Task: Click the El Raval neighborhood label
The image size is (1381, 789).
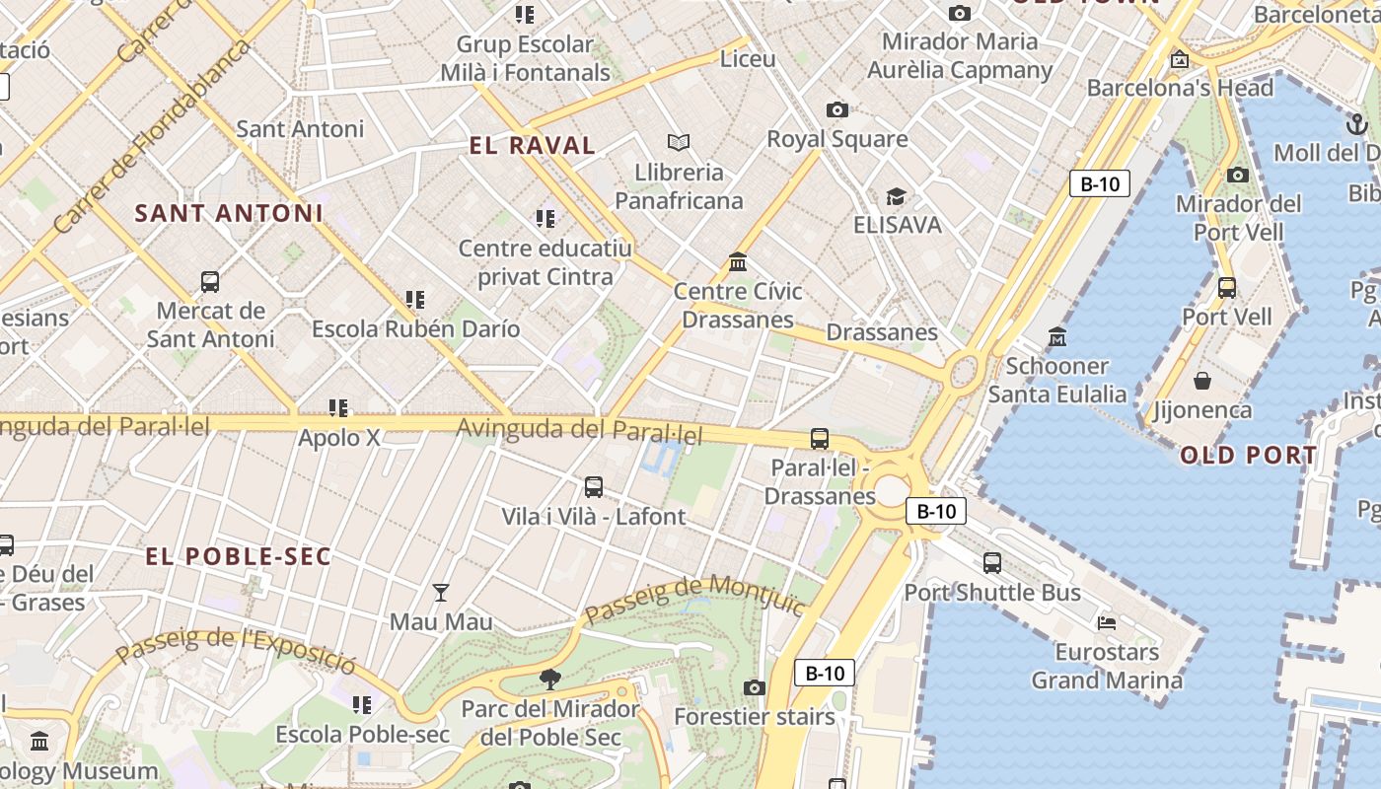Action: coord(532,146)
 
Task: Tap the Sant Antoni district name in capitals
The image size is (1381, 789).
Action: coord(229,213)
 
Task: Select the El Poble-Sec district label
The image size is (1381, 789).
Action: coord(238,556)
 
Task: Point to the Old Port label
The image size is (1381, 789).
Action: coord(1248,455)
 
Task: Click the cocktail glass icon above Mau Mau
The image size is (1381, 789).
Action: coord(441,593)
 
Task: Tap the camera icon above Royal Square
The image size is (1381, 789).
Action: coord(836,109)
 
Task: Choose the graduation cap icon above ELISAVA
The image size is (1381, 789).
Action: coord(896,196)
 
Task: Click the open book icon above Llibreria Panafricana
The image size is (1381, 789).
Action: coord(679,142)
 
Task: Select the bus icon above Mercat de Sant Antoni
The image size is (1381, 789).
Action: coord(210,282)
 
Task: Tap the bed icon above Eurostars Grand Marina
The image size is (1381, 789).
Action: coord(1107,623)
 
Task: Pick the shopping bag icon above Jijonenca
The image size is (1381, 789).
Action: coord(1202,381)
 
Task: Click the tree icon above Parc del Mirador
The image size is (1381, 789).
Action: coord(550,679)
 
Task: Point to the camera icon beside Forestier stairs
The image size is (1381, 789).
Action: coord(755,687)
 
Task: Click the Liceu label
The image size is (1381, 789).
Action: coord(748,59)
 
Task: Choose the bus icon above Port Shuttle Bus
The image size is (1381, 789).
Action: coord(992,563)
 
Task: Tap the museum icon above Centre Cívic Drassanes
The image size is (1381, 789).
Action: coord(738,262)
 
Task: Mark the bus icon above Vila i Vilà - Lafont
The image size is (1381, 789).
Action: coord(594,486)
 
